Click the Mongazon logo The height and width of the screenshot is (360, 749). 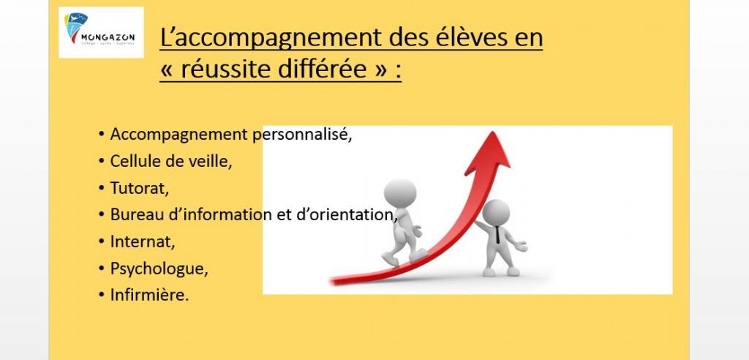click(101, 33)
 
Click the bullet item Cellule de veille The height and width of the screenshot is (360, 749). click(170, 161)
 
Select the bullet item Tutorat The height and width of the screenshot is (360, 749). click(139, 188)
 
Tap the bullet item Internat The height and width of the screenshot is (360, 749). click(143, 241)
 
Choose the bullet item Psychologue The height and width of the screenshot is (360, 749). click(159, 269)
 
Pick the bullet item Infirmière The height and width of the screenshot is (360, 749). click(149, 295)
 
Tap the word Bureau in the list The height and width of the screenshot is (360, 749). click(133, 214)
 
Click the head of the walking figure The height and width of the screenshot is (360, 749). click(399, 193)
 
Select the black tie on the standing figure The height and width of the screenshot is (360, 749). click(498, 235)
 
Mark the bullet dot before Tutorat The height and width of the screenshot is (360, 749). click(101, 188)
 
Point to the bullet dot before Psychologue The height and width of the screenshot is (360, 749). click(101, 269)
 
